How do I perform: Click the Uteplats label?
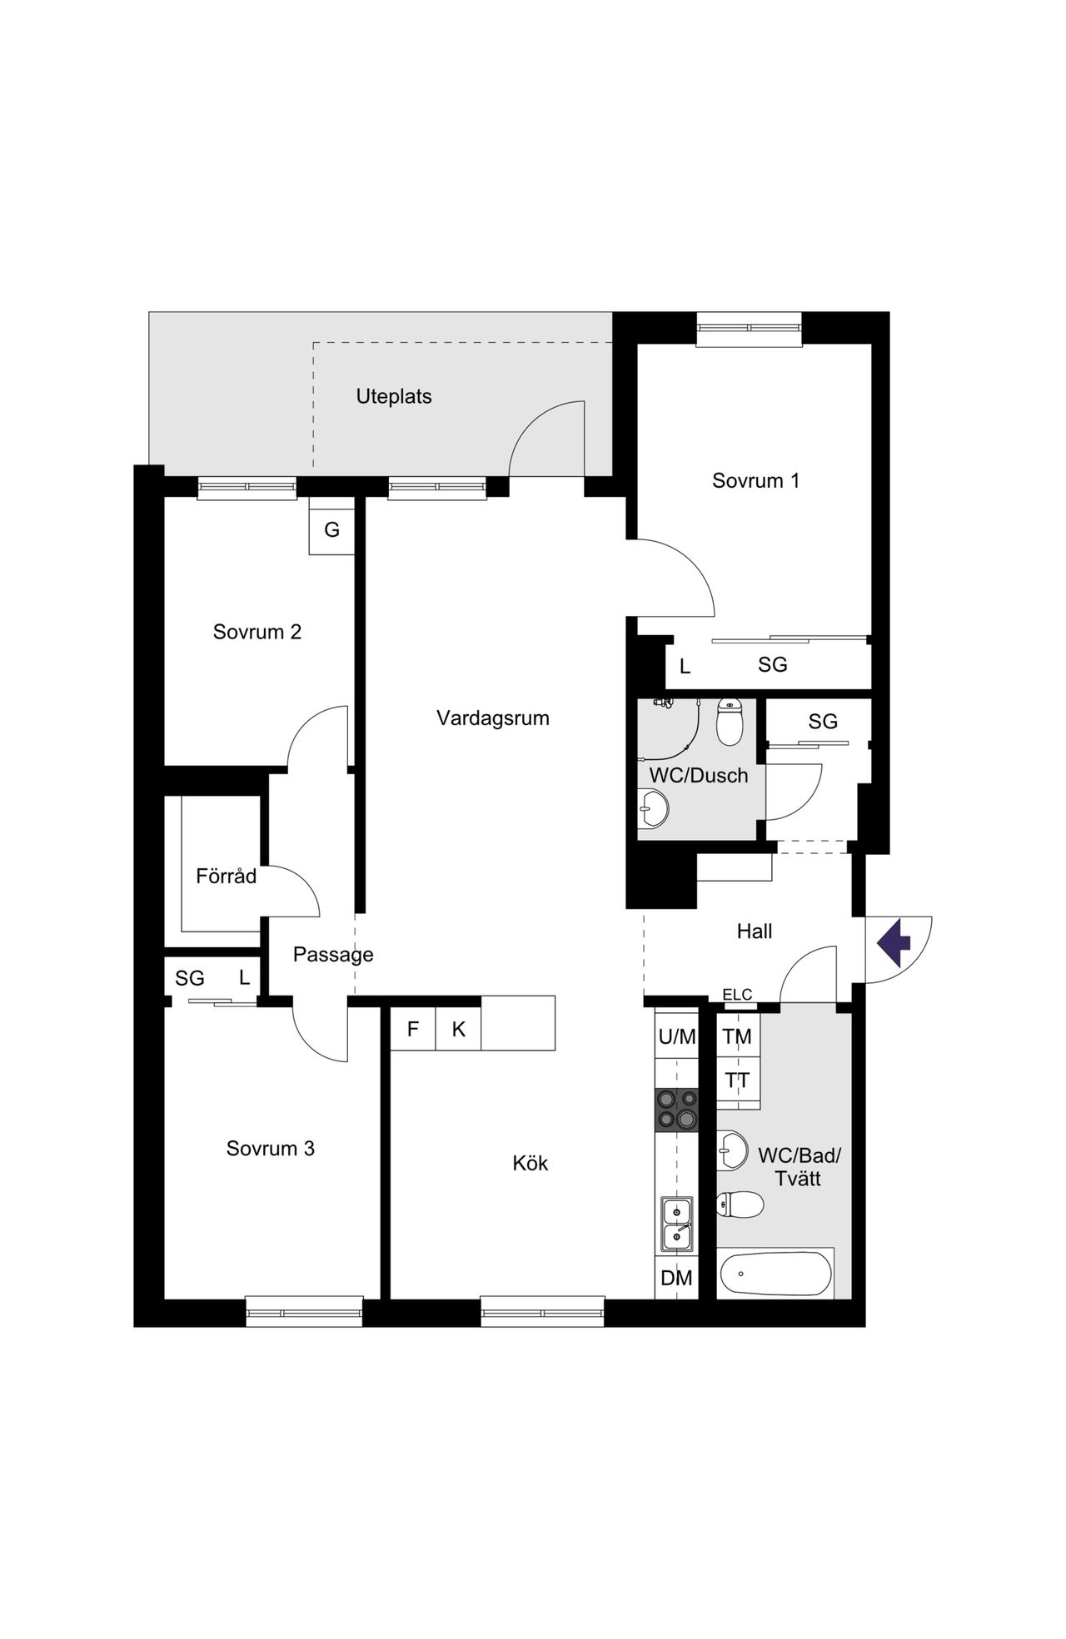coord(394,396)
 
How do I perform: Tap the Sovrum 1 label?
coord(755,480)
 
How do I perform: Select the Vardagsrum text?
coord(493,718)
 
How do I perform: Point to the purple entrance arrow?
coord(894,943)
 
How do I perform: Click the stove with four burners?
coord(676,1110)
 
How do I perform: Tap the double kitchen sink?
coord(677,1224)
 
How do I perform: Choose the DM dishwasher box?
coord(676,1278)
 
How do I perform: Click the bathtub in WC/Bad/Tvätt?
coord(776,1274)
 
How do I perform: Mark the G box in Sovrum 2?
coord(331,529)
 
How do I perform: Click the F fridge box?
coord(413,1030)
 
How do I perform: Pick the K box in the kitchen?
coord(459,1030)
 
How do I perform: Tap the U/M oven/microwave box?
coord(676,1036)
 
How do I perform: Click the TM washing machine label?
coord(737,1037)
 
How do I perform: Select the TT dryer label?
coord(737,1081)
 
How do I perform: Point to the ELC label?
coord(737,994)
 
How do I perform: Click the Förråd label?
coord(227,876)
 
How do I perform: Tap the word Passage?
coord(333,956)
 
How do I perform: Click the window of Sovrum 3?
coord(305,1312)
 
